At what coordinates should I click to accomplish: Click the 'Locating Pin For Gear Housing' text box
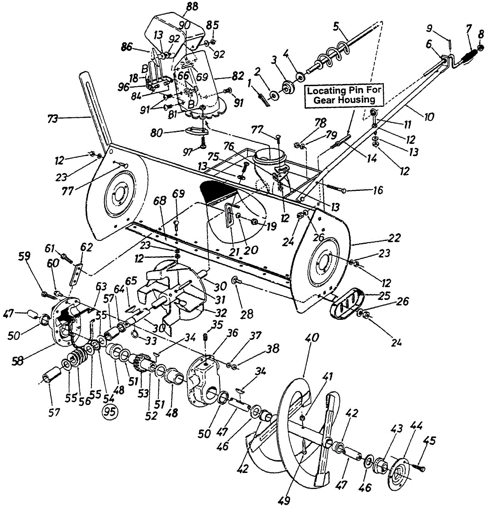pyautogui.click(x=341, y=95)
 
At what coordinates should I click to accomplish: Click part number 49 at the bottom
pyautogui.click(x=284, y=501)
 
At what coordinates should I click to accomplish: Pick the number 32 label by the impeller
pyautogui.click(x=221, y=313)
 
